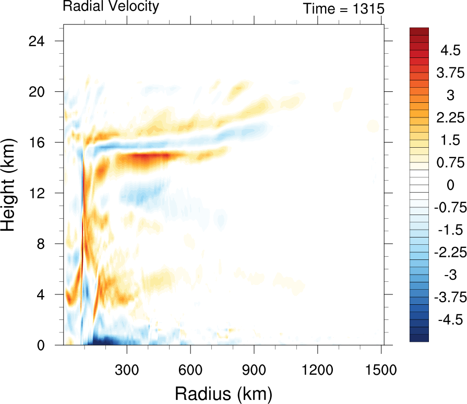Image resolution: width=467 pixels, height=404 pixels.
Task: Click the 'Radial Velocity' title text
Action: pos(111,7)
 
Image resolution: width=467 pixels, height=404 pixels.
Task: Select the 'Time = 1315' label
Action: pos(344,8)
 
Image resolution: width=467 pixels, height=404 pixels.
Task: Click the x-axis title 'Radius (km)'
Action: pos(223,392)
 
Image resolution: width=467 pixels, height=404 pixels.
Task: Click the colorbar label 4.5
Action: pos(449,51)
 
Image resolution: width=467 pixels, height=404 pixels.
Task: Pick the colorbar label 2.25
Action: pos(449,118)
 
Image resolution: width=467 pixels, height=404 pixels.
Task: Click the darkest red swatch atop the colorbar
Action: pos(418,31)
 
